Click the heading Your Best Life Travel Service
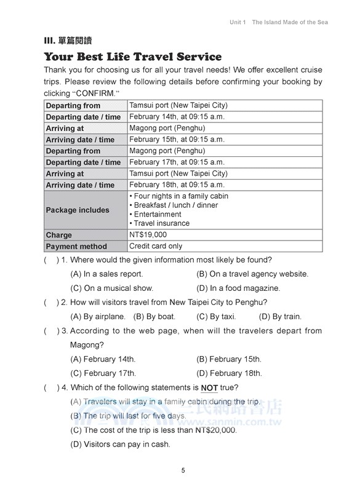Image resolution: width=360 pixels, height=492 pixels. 132,57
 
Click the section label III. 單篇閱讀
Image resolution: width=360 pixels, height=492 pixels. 68,41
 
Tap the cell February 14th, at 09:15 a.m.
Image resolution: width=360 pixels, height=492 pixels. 177,117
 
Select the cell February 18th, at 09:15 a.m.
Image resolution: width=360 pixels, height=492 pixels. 177,184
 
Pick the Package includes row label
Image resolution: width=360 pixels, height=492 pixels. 78,210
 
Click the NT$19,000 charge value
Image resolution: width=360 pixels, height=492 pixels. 148,234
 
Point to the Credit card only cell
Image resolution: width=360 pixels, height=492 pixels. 156,246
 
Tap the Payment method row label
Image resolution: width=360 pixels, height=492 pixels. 76,247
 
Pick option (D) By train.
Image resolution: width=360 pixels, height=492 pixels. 280,317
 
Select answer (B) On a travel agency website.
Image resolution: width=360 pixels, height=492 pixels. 252,274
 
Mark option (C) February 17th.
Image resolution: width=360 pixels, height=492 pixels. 103,373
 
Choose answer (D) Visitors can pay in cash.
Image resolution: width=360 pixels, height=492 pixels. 121,444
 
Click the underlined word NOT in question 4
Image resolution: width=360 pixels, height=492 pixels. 209,387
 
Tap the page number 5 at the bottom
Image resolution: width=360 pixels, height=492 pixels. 183,470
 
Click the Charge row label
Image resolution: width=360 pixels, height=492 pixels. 59,235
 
